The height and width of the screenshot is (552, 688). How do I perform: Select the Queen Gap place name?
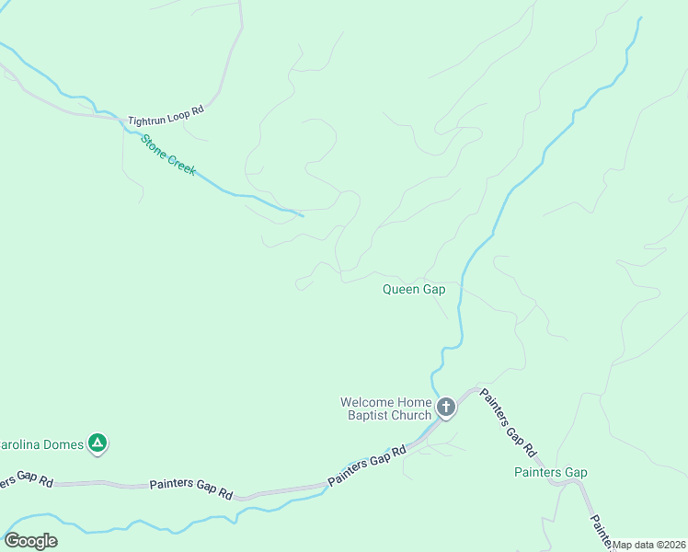click(x=414, y=289)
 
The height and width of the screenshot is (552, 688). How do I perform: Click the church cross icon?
click(x=445, y=407)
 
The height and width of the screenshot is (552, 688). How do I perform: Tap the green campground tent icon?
click(x=97, y=443)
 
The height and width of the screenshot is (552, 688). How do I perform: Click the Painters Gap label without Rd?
click(x=550, y=473)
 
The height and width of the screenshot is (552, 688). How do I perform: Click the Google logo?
click(x=30, y=541)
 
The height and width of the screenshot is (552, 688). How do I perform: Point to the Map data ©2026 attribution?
click(x=650, y=545)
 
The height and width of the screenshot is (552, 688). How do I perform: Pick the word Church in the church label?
click(x=411, y=415)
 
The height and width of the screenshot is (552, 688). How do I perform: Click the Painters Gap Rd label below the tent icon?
click(x=190, y=489)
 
